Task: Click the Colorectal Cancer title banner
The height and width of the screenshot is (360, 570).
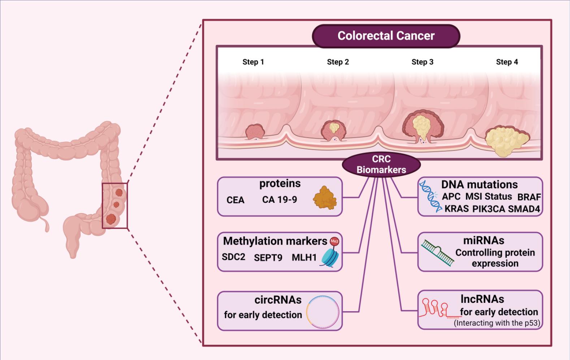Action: click(x=386, y=36)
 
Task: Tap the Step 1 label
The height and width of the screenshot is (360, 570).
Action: click(x=253, y=62)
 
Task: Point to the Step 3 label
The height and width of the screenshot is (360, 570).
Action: click(x=422, y=62)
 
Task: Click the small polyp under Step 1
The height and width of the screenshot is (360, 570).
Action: click(x=255, y=132)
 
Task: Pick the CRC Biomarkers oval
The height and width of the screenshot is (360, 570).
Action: click(x=381, y=164)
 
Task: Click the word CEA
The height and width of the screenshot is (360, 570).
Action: click(x=236, y=200)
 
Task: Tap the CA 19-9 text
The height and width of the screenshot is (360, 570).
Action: click(x=280, y=200)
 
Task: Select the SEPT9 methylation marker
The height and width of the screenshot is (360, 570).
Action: click(x=268, y=258)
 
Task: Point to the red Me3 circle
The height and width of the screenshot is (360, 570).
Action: click(x=334, y=241)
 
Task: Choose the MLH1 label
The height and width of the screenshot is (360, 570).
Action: click(x=304, y=257)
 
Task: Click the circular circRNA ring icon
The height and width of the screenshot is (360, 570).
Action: click(x=323, y=312)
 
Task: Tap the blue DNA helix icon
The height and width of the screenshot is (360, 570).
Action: click(x=431, y=196)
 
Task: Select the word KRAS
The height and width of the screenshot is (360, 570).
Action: click(x=457, y=209)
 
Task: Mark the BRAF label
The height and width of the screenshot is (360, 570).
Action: click(x=529, y=197)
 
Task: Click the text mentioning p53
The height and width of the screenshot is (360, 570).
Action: click(x=497, y=323)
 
